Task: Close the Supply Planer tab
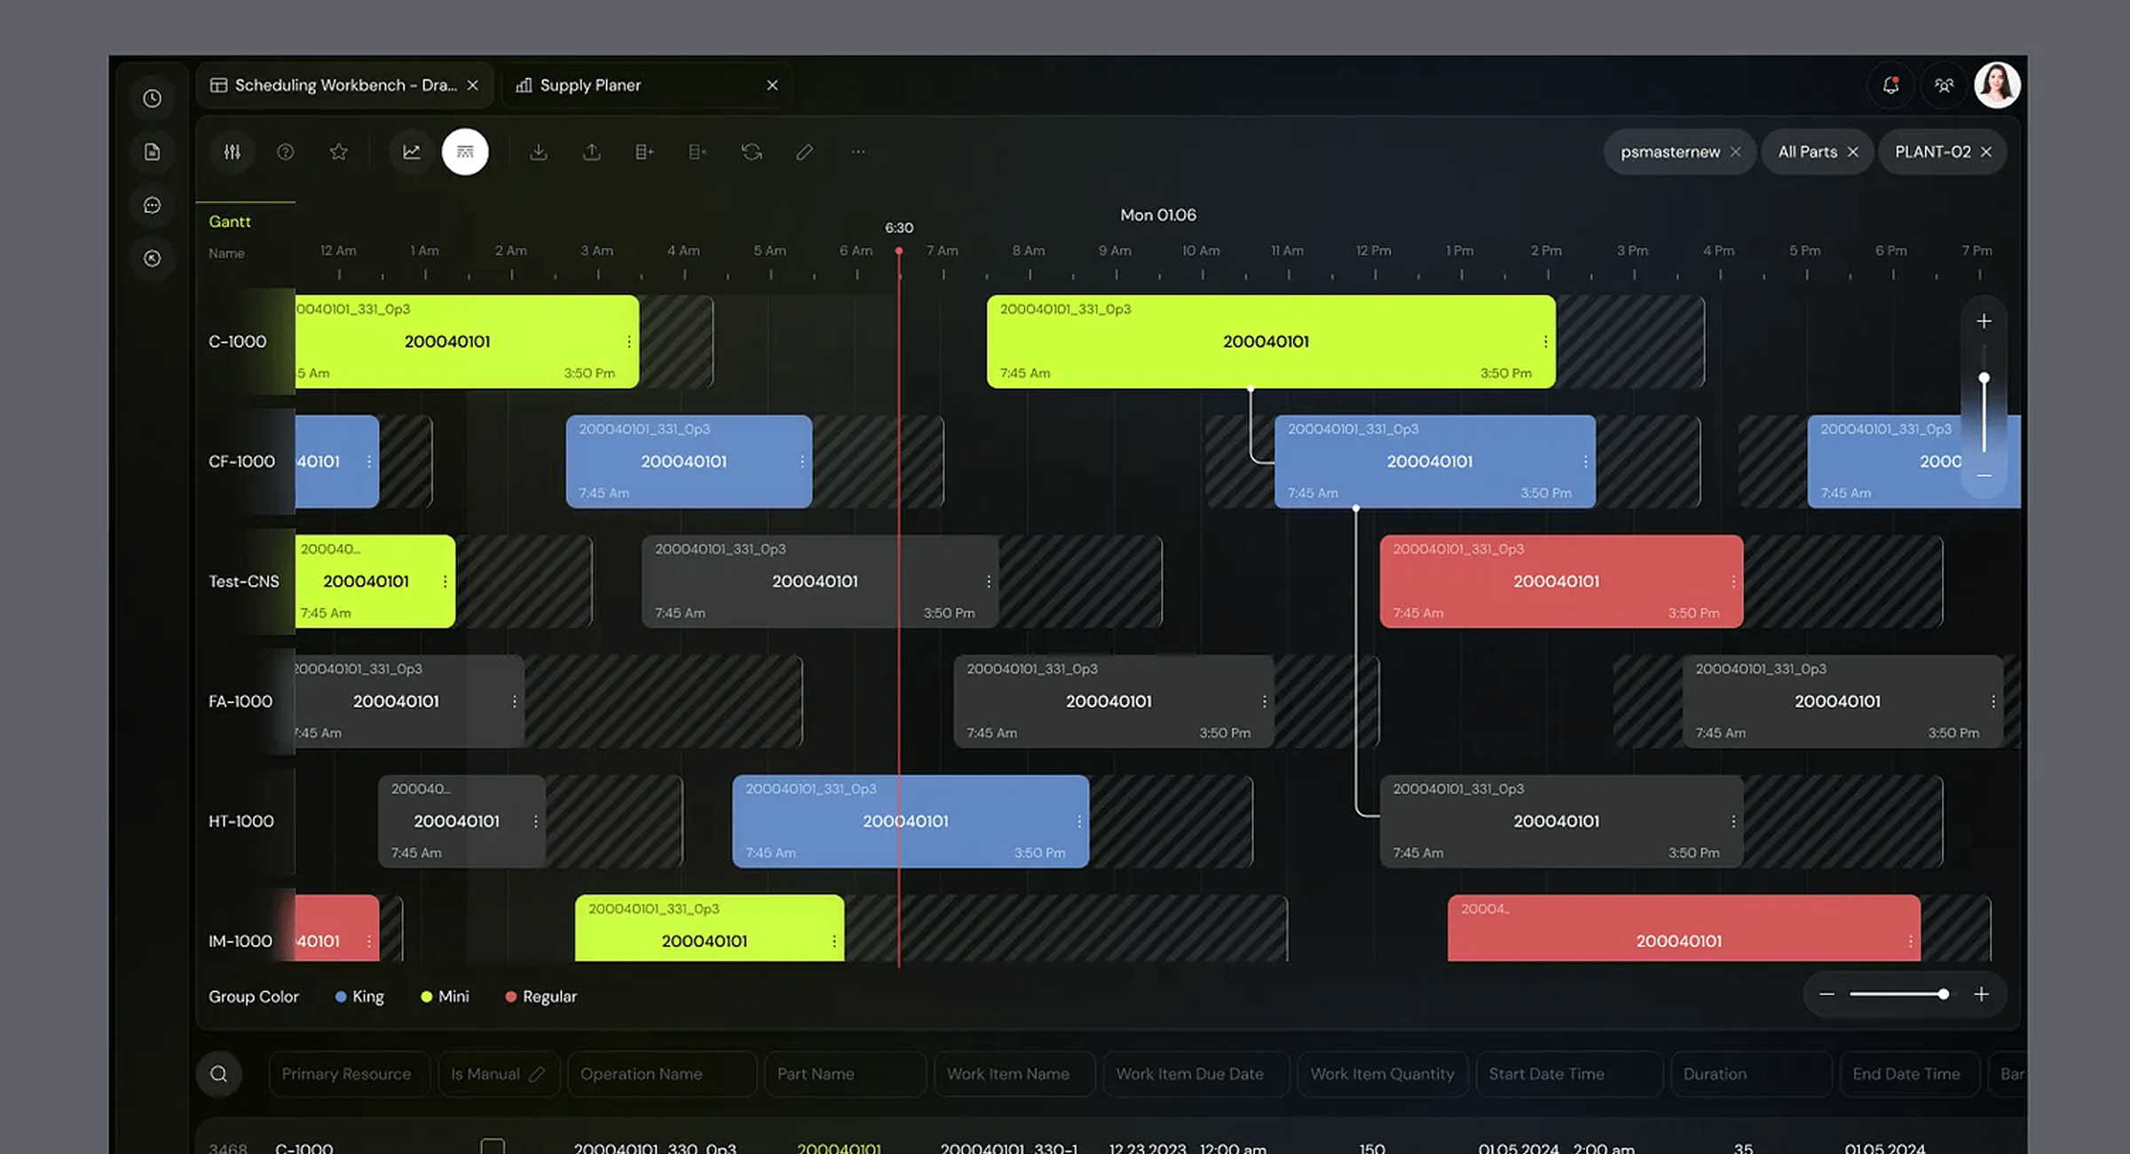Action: point(772,85)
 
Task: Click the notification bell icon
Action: point(1890,85)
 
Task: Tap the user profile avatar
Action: point(1997,85)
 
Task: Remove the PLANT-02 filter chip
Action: point(1986,152)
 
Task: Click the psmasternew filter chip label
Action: point(1669,152)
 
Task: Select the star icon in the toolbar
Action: point(338,152)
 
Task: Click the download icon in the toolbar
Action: point(538,152)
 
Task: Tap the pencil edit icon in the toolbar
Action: point(804,152)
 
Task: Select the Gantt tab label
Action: point(230,221)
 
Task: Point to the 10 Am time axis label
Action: point(1201,250)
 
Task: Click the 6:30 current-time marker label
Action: point(899,228)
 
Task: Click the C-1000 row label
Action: point(237,342)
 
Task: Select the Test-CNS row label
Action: point(243,581)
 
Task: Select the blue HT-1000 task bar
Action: point(910,821)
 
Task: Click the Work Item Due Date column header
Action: point(1189,1074)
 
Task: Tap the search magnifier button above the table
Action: point(218,1074)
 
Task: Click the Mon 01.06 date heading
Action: point(1157,215)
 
